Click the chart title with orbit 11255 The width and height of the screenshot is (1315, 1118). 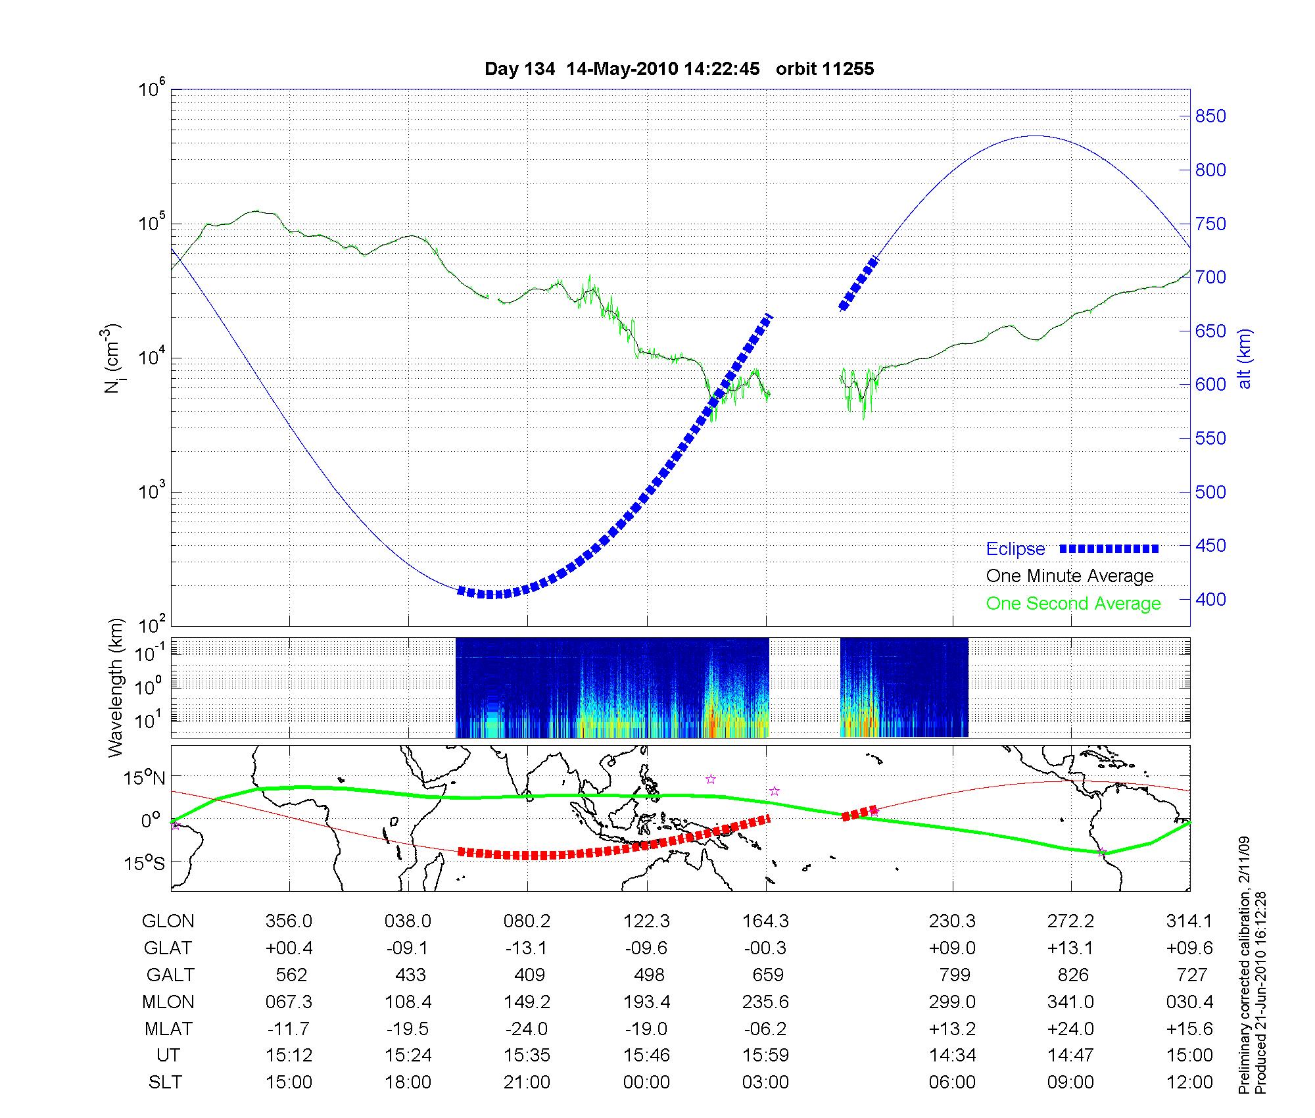pyautogui.click(x=679, y=69)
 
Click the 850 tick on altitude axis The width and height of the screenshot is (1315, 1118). pyautogui.click(x=1210, y=116)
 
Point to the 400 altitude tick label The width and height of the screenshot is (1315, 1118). pyautogui.click(x=1210, y=599)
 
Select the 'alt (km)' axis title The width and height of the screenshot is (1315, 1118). pyautogui.click(x=1245, y=359)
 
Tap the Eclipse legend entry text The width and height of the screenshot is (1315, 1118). pyautogui.click(x=1015, y=549)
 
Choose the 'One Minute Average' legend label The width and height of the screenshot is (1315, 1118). pyautogui.click(x=1070, y=576)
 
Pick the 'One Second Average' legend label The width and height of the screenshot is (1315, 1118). pyautogui.click(x=1073, y=604)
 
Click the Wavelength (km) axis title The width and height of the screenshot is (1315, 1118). pyautogui.click(x=116, y=688)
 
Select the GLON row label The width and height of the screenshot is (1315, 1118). pyautogui.click(x=168, y=921)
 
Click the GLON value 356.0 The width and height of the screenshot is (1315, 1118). pyautogui.click(x=289, y=921)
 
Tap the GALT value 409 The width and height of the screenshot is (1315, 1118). pyautogui.click(x=529, y=975)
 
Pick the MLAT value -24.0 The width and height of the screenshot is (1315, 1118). pyautogui.click(x=527, y=1029)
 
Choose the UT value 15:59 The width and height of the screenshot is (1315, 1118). pyautogui.click(x=765, y=1056)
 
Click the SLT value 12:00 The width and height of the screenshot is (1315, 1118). pyautogui.click(x=1189, y=1082)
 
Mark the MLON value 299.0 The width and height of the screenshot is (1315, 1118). pyautogui.click(x=952, y=1002)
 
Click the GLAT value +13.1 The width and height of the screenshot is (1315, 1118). pyautogui.click(x=1071, y=948)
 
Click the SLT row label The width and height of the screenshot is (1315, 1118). pyautogui.click(x=165, y=1082)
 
